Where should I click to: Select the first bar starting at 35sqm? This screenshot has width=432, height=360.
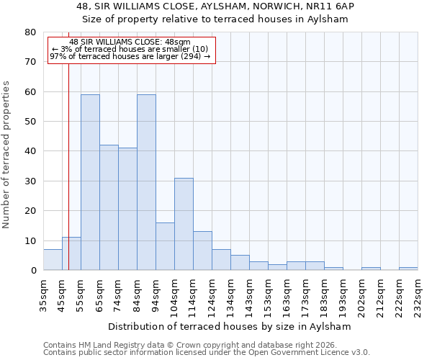pyautogui.click(x=53, y=260)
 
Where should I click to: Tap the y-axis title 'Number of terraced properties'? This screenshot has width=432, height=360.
pyautogui.click(x=6, y=154)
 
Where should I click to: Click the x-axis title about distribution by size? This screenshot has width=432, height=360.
pyautogui.click(x=233, y=326)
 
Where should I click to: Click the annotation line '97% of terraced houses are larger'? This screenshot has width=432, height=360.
pyautogui.click(x=130, y=56)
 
